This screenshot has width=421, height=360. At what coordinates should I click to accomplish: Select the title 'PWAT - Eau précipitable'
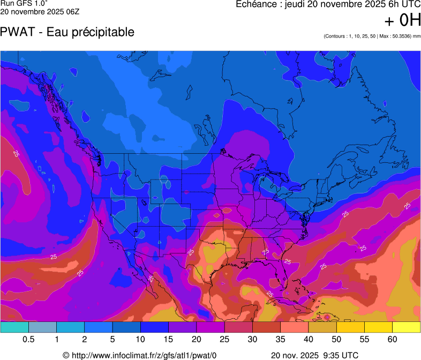67,32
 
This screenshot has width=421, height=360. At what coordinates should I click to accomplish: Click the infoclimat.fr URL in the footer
145,355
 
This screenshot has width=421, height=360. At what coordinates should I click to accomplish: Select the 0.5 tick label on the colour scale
29,340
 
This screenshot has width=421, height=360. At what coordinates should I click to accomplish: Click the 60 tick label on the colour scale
392,340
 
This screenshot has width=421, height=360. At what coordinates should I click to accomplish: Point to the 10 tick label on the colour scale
141,340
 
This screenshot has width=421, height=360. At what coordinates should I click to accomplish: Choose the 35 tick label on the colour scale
280,340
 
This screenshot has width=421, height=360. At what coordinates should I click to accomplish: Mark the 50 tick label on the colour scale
336,340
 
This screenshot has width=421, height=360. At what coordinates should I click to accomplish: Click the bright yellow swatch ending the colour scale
406,327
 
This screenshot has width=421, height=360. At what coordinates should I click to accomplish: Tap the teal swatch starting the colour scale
14,327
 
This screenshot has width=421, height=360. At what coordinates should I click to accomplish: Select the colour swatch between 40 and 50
322,327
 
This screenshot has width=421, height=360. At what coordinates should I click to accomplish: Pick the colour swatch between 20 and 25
210,327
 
